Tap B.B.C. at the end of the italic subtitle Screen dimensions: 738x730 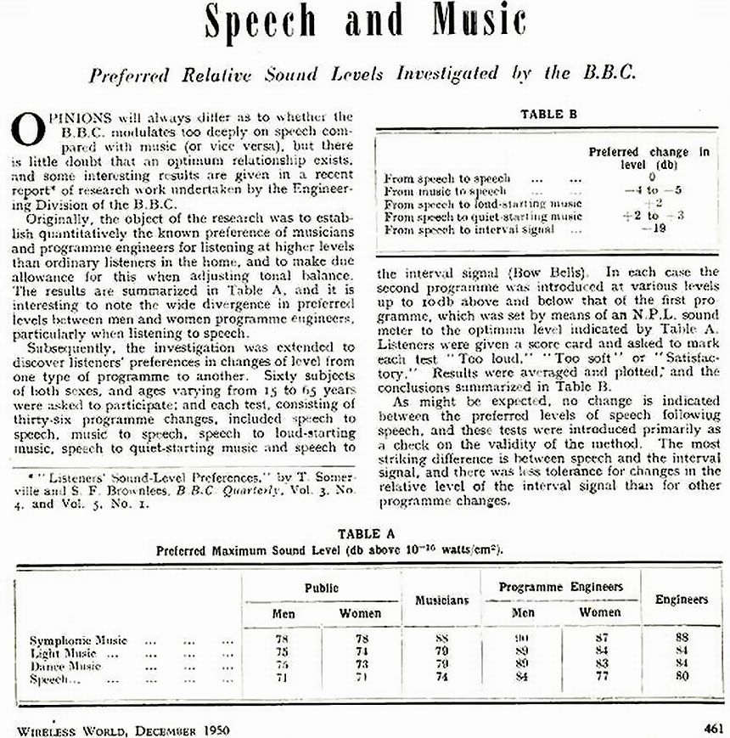[x=606, y=73]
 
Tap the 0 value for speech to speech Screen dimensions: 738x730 [x=652, y=178]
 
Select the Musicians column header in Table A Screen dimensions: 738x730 [x=441, y=600]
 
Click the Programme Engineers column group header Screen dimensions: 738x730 [x=561, y=587]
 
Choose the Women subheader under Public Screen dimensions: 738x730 [x=360, y=612]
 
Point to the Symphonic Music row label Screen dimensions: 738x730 [x=78, y=639]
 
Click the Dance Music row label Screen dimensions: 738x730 [x=65, y=667]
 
